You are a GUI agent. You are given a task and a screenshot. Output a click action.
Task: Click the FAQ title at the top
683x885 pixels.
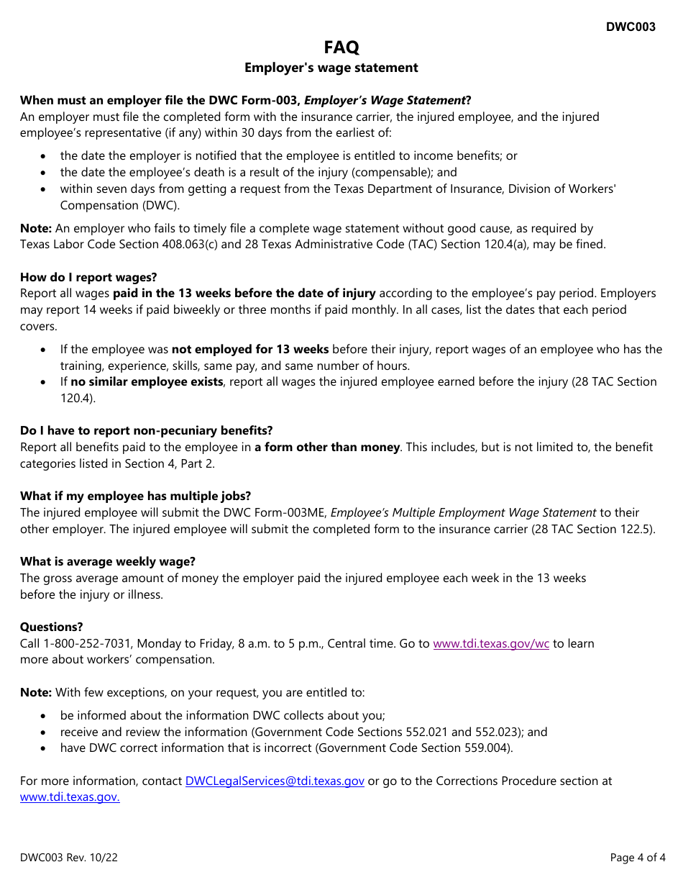341,47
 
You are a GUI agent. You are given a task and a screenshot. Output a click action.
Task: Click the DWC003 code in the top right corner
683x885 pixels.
631,27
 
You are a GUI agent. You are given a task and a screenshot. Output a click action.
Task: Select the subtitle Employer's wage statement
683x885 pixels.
331,68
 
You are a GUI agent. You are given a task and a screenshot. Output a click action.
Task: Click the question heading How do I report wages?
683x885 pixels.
88,277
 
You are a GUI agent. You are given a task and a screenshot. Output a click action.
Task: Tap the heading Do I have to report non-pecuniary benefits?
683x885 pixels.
147,430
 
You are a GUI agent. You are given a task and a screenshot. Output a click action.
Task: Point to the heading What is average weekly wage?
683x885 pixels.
108,561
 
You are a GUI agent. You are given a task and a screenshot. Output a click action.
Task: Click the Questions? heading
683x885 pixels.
52,627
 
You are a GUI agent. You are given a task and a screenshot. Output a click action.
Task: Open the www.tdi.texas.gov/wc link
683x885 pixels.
491,643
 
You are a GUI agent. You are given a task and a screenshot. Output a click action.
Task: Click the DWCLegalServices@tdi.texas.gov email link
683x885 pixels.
275,781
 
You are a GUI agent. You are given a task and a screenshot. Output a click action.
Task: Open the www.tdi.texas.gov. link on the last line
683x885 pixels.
70,796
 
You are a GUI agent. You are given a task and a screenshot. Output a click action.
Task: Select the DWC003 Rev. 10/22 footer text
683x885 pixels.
69,857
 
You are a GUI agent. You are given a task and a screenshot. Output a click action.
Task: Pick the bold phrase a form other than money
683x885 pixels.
327,447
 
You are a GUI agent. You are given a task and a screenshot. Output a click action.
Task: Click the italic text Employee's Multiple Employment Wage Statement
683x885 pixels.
463,512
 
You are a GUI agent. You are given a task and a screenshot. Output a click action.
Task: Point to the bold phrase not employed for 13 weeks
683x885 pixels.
250,349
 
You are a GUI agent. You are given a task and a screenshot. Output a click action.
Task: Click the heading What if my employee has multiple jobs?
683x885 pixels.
135,496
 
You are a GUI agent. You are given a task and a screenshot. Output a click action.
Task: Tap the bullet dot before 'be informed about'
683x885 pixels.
45,716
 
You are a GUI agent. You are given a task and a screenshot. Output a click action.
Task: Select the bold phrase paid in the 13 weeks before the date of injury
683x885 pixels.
244,293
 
